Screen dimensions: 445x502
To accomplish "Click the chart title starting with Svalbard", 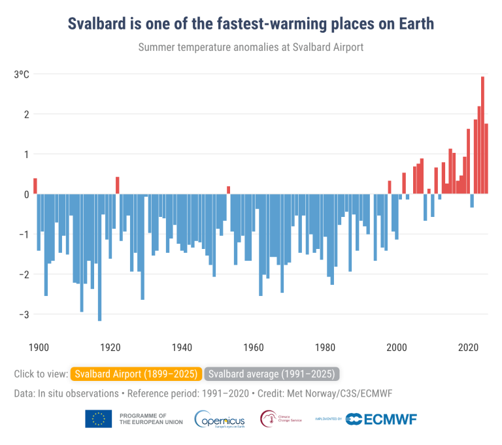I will [x=251, y=24].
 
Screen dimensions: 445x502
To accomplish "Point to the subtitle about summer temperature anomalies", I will [x=251, y=47].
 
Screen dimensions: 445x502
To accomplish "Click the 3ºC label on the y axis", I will [x=22, y=74].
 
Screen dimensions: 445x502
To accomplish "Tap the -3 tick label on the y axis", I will [x=24, y=314].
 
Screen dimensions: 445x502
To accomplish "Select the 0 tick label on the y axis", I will [x=26, y=194].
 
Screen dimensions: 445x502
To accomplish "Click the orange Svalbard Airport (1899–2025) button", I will [x=137, y=374].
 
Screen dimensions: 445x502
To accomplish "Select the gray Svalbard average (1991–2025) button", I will [x=272, y=374].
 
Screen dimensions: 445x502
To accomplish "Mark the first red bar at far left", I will [x=35, y=186].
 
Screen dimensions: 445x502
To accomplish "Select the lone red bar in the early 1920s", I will [x=118, y=186].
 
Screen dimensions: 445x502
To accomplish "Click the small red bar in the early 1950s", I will [x=229, y=190].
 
